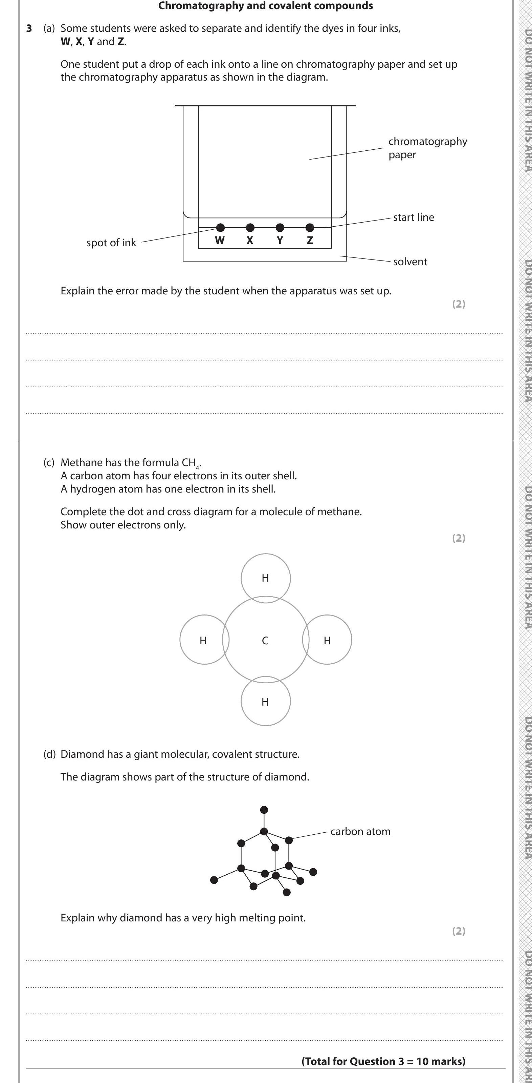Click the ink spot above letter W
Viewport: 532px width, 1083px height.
220,227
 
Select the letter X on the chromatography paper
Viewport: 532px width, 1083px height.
250,241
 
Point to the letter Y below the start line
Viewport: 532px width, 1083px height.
280,241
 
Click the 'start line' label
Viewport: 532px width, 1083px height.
413,217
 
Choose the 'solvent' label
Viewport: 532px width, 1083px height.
410,262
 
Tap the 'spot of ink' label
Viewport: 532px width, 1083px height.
111,243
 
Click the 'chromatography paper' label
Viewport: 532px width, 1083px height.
427,148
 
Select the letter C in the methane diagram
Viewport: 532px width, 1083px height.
265,640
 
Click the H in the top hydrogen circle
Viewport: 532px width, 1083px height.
265,578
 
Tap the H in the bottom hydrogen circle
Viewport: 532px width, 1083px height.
265,702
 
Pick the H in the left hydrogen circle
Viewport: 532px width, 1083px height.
203,640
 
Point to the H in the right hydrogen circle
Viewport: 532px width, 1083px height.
327,640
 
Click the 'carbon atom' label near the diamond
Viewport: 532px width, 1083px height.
360,831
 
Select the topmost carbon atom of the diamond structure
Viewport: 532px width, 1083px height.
264,810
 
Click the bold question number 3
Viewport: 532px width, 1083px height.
28,28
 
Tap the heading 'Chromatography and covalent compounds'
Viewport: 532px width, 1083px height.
265,6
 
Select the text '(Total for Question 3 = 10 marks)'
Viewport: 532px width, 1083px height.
383,1061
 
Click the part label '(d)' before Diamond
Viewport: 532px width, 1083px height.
49,754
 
